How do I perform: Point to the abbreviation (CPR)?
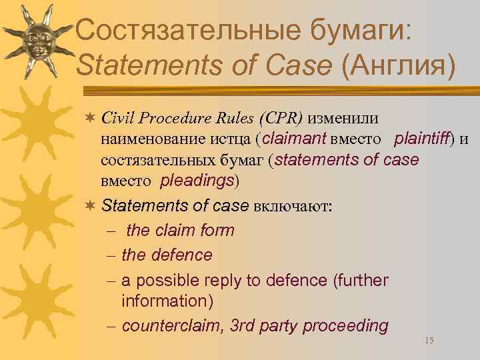tap(277, 119)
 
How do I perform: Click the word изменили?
tap(343, 119)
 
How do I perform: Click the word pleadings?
tap(197, 181)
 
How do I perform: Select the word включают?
tap(294, 206)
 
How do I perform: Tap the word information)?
tap(167, 301)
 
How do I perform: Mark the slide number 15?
tap(429, 341)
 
